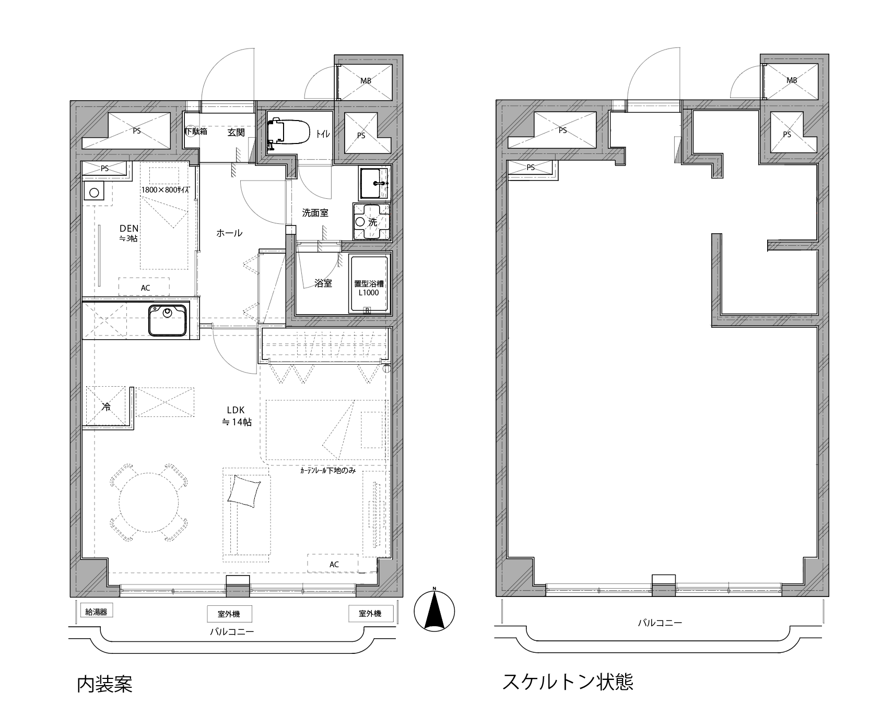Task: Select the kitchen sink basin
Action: click(x=167, y=320)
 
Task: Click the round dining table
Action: click(x=149, y=503)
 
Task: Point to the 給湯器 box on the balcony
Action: click(x=96, y=612)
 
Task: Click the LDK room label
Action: click(x=236, y=416)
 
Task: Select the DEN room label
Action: click(x=129, y=233)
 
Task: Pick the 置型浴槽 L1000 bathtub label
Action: click(x=369, y=288)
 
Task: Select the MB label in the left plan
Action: click(x=366, y=80)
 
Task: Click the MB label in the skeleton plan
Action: click(x=792, y=80)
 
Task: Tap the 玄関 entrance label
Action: click(x=236, y=133)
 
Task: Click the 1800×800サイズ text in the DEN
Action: click(x=166, y=190)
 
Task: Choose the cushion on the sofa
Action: click(x=244, y=491)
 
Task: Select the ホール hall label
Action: click(x=229, y=233)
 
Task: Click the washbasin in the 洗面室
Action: click(x=374, y=183)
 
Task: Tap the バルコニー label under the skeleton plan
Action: click(x=660, y=623)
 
